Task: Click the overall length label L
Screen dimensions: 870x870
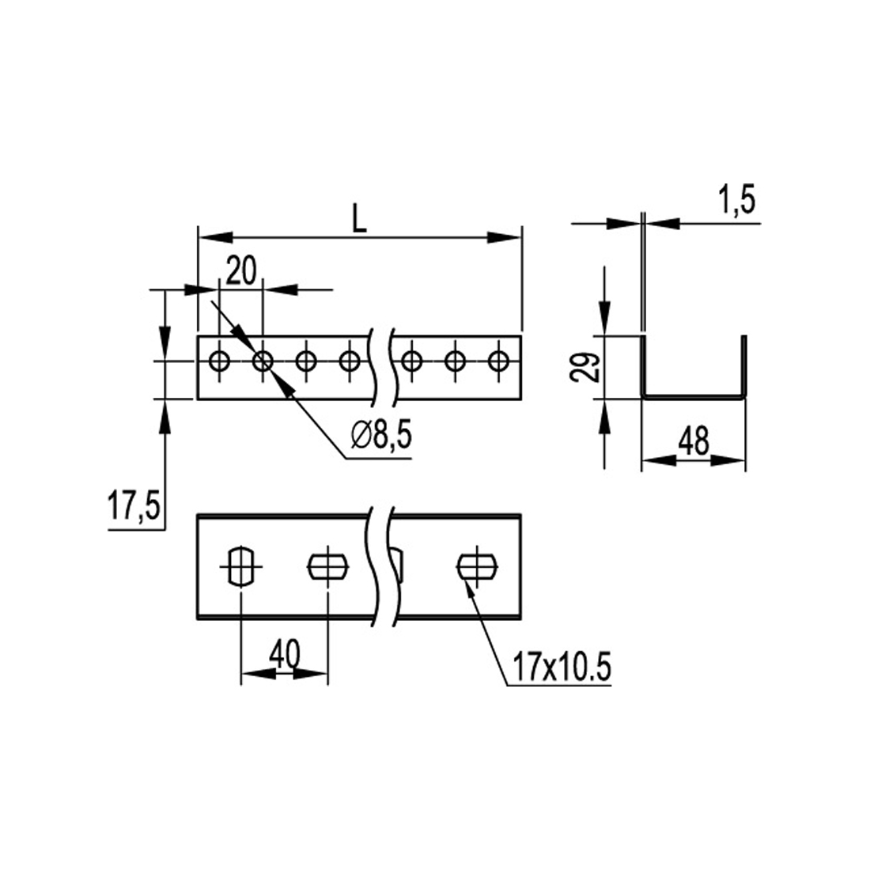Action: pos(360,221)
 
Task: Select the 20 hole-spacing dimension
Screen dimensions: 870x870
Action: pos(241,272)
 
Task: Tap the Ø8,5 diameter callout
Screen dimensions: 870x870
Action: pos(382,436)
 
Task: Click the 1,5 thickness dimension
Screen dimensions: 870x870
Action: pos(737,200)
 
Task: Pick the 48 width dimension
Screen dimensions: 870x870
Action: pos(694,441)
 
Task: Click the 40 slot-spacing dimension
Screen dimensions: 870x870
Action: pos(285,655)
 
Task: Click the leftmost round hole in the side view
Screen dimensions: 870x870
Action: pos(220,361)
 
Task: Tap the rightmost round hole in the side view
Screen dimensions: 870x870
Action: pos(497,361)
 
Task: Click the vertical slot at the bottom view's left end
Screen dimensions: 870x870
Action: pos(241,566)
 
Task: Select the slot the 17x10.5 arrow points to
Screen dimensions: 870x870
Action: pos(477,566)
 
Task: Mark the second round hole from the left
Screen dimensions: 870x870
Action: pos(263,361)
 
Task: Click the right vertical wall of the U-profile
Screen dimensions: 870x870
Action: pos(744,367)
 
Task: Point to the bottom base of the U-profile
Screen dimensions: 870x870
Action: pos(694,396)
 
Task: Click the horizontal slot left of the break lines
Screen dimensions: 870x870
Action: pos(328,566)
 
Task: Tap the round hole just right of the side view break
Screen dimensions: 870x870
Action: pos(410,361)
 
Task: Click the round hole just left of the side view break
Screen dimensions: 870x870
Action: pos(349,361)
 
